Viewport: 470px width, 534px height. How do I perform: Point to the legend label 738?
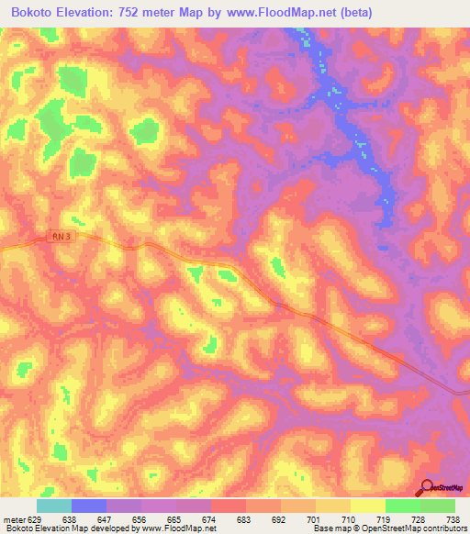tap(453, 519)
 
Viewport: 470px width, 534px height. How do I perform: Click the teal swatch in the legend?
tap(54, 506)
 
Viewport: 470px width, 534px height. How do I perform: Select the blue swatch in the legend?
tap(89, 506)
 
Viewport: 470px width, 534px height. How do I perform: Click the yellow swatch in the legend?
tap(368, 506)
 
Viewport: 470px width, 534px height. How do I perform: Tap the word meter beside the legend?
tap(14, 519)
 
